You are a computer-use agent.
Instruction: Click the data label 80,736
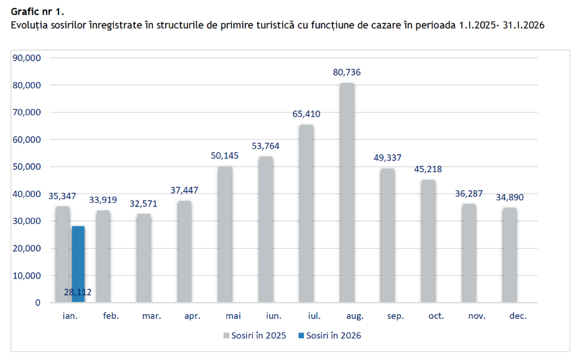click(346, 72)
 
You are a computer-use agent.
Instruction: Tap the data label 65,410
click(306, 114)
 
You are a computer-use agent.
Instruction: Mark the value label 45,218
click(428, 169)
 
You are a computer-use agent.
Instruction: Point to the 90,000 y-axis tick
click(28, 58)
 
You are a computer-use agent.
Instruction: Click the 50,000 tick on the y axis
click(28, 167)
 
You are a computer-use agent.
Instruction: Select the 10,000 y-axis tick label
click(28, 275)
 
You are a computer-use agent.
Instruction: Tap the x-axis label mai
click(225, 315)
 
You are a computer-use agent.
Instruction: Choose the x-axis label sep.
click(388, 315)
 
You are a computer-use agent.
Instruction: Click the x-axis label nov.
click(469, 315)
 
